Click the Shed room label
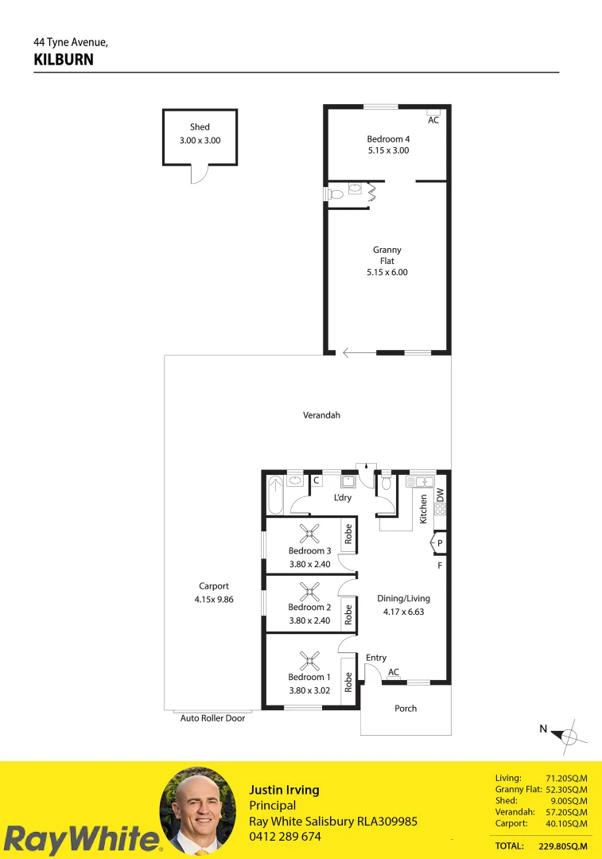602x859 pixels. (x=200, y=127)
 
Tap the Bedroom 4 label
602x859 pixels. (x=388, y=139)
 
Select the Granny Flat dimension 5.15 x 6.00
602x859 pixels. (x=387, y=272)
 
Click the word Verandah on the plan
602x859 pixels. (x=321, y=415)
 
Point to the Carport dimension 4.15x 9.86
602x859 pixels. (x=214, y=600)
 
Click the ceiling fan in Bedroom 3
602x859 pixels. (x=309, y=534)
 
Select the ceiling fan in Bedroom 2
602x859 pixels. (x=309, y=590)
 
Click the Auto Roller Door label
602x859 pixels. (x=212, y=718)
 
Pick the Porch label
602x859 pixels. (x=406, y=709)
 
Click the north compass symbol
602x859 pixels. (x=569, y=736)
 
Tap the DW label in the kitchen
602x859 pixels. (x=440, y=494)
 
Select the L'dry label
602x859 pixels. (x=343, y=498)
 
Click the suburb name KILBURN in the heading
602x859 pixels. (x=64, y=60)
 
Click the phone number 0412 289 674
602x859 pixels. (x=285, y=837)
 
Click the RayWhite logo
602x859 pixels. (x=80, y=839)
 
